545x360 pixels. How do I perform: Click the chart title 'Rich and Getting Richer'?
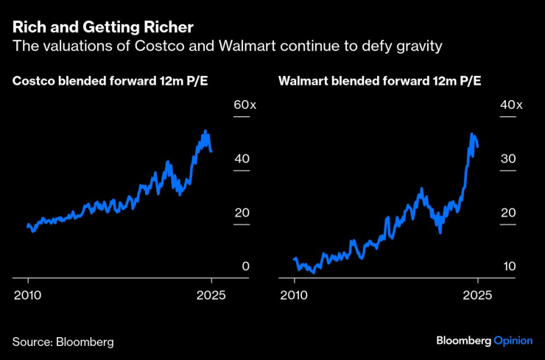103,28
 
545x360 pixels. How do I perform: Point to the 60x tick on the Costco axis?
245,105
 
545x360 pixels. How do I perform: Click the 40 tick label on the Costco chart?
242,159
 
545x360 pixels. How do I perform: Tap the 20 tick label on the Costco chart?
242,213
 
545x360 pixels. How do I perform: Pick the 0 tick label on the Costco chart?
246,267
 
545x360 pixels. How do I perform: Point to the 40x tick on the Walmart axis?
510,105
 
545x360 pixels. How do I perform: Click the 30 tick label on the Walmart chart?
507,159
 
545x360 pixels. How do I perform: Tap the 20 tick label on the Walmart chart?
507,213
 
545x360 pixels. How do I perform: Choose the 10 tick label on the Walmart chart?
507,267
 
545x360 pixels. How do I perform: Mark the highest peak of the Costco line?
205,131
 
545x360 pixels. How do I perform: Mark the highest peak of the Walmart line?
471,134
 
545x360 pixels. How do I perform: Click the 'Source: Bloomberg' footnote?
63,342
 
